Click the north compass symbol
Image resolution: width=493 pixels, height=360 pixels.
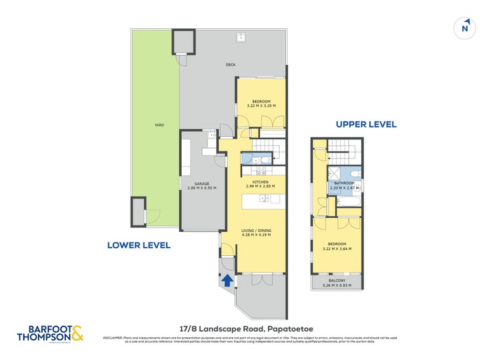[x=466, y=28]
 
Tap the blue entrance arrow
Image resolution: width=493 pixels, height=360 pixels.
[x=227, y=281]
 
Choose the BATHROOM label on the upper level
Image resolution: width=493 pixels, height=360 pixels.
[x=344, y=183]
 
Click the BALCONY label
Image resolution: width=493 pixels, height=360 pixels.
[x=337, y=281]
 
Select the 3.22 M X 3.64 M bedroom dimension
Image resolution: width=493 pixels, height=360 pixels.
[x=337, y=249]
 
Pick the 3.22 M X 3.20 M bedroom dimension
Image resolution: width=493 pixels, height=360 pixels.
[x=261, y=105]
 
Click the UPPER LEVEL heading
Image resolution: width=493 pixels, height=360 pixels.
[x=366, y=125]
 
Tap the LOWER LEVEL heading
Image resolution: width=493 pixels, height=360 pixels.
[x=139, y=245]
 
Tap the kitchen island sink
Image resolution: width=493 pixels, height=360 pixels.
[x=264, y=198]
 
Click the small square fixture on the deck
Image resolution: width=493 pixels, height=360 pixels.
[x=239, y=38]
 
